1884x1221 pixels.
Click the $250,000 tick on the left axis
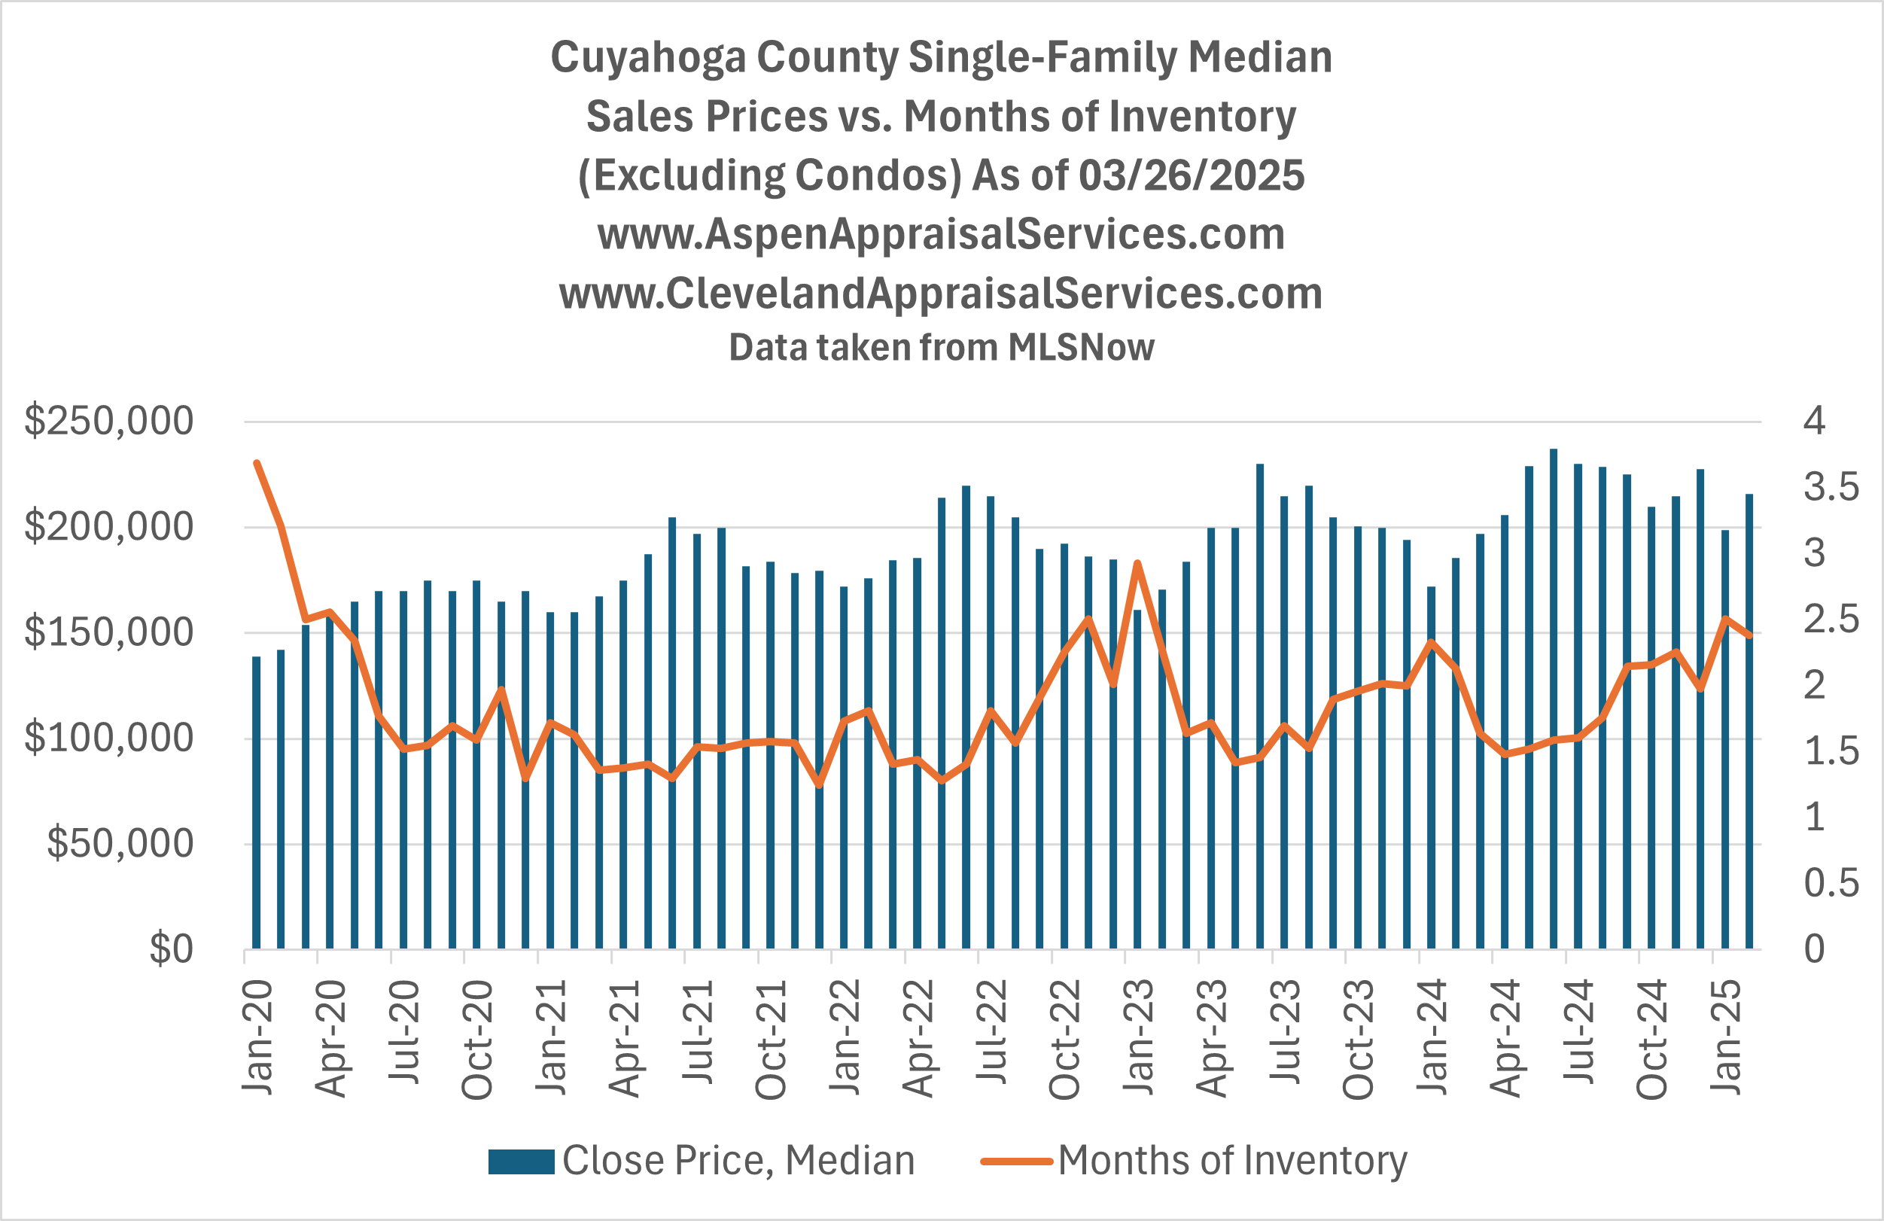[108, 421]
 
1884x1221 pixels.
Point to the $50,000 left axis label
[120, 843]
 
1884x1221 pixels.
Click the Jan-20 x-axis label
[258, 1037]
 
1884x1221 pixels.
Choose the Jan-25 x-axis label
[1726, 1037]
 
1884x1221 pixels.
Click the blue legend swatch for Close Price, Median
[521, 1162]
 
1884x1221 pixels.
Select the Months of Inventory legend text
[1232, 1161]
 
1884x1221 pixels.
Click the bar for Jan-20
[257, 802]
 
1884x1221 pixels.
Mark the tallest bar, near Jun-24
[1553, 697]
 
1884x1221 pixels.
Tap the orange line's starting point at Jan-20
[257, 462]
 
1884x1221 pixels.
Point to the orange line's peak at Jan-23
[1137, 563]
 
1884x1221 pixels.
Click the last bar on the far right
[1749, 720]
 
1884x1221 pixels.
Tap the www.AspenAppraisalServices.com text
[941, 233]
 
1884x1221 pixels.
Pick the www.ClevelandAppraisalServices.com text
[941, 293]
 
